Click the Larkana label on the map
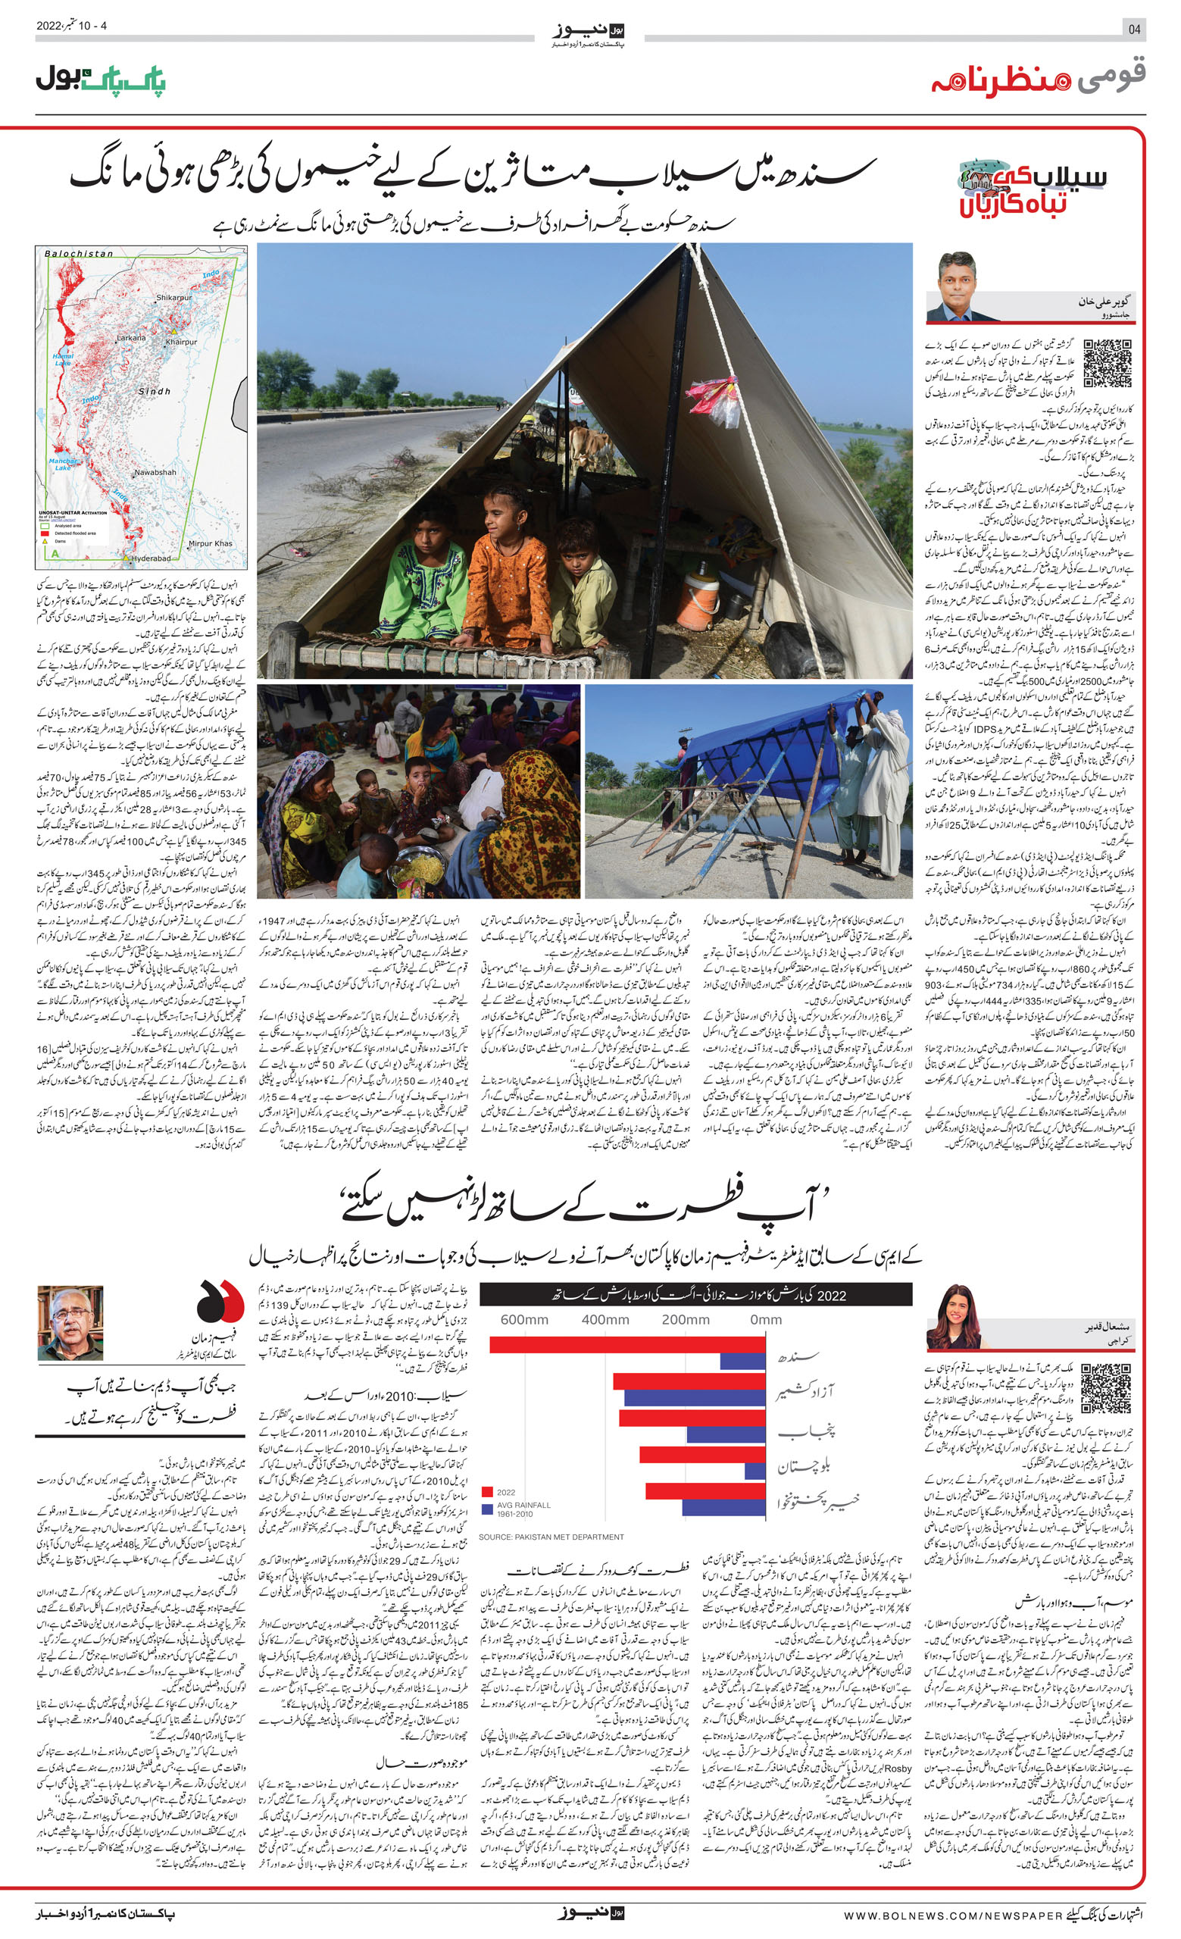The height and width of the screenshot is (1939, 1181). tap(130, 338)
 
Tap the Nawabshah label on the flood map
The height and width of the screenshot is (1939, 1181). tap(155, 472)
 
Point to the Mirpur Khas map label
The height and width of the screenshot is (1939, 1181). tap(210, 544)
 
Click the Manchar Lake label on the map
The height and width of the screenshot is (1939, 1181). tap(62, 464)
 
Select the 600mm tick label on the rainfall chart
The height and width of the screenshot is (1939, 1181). tap(524, 1320)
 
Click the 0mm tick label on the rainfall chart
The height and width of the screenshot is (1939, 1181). tap(766, 1320)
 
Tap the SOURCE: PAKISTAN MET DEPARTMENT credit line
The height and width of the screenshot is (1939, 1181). tap(551, 1537)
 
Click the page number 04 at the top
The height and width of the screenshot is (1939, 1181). tap(1134, 29)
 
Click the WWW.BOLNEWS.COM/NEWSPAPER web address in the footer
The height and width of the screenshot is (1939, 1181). tap(952, 1914)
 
